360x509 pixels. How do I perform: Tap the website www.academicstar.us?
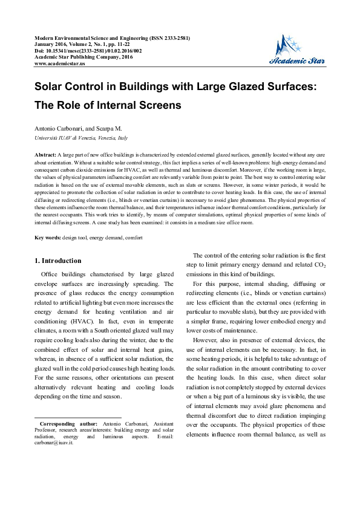61,63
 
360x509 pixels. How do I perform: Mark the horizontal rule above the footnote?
78,417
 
